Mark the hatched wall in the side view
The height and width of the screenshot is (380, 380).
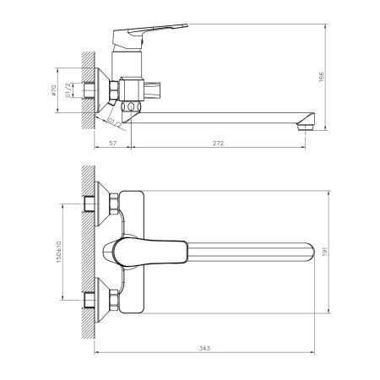click(87, 89)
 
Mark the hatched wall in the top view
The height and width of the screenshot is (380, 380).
click(87, 253)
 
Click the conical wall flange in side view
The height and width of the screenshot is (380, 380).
click(107, 89)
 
